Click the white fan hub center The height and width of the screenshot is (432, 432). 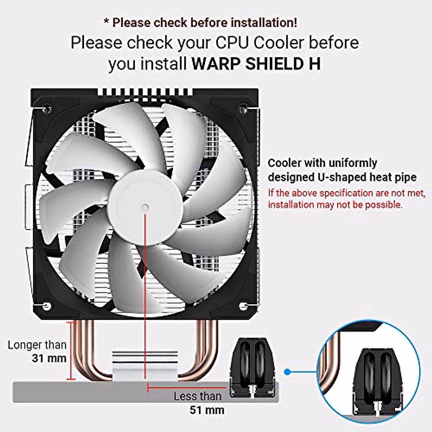[145, 208]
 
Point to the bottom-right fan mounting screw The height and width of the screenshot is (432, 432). [243, 306]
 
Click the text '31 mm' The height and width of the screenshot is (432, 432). [49, 358]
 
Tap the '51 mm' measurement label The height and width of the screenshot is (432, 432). [207, 410]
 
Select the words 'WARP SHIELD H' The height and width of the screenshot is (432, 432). [256, 64]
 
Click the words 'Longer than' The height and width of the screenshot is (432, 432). [37, 345]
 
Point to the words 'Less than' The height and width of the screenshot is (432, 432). [197, 396]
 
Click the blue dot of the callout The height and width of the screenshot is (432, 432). [287, 371]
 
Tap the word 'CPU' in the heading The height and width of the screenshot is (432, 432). [233, 42]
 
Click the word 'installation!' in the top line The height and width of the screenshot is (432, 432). [264, 22]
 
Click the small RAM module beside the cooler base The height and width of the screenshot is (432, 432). [252, 367]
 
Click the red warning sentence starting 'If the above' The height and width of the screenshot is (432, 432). [346, 199]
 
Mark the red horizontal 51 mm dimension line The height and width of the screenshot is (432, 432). [187, 388]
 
